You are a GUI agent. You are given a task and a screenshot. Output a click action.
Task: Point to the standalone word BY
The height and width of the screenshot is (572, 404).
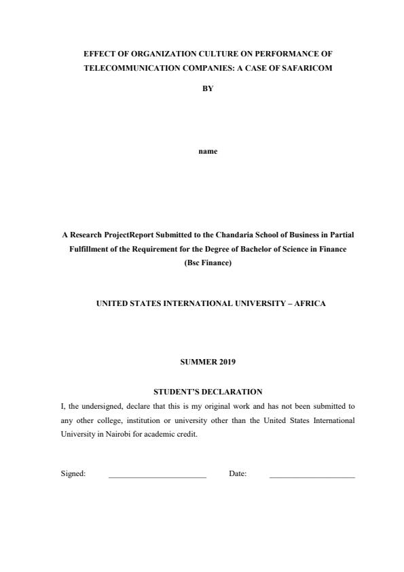(208, 88)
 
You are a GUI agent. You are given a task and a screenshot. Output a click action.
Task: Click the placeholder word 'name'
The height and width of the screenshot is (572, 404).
(208, 151)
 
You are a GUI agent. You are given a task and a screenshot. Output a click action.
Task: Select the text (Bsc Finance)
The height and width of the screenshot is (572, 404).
(208, 263)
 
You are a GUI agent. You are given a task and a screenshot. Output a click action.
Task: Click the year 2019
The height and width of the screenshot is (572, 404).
(227, 362)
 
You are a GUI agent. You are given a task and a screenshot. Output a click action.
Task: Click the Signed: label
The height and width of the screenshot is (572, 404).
(73, 473)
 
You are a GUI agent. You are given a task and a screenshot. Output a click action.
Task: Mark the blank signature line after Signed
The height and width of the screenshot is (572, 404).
(157, 476)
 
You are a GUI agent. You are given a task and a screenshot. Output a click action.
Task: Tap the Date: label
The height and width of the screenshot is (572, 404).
(238, 473)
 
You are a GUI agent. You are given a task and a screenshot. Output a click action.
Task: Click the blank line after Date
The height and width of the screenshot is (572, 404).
(312, 476)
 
